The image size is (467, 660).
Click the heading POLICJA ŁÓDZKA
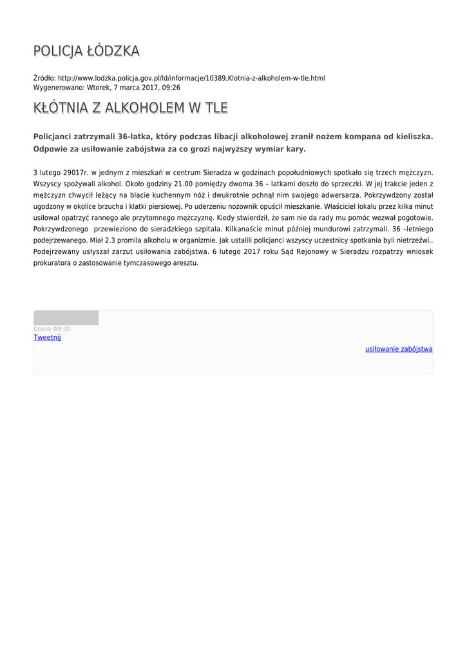click(x=86, y=51)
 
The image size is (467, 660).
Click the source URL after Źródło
click(x=191, y=78)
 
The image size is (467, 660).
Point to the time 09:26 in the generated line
click(x=171, y=88)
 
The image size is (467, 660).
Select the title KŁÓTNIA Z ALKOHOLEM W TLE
click(x=130, y=108)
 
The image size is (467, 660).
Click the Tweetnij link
click(x=47, y=338)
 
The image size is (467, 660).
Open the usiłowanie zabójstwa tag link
click(x=399, y=349)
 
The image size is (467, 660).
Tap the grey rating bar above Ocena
click(x=66, y=317)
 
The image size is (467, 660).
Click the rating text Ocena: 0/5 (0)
click(x=52, y=329)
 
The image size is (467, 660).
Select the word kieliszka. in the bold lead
click(x=412, y=137)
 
